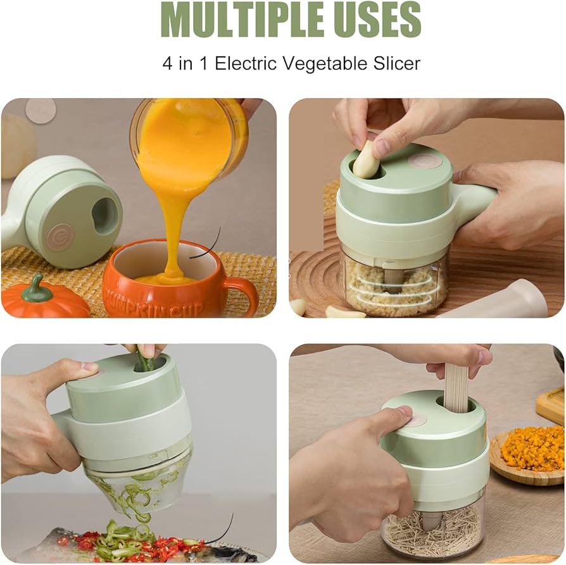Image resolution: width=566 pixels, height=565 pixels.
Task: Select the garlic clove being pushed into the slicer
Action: [367, 159]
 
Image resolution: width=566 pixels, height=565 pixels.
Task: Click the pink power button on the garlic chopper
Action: [425, 161]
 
